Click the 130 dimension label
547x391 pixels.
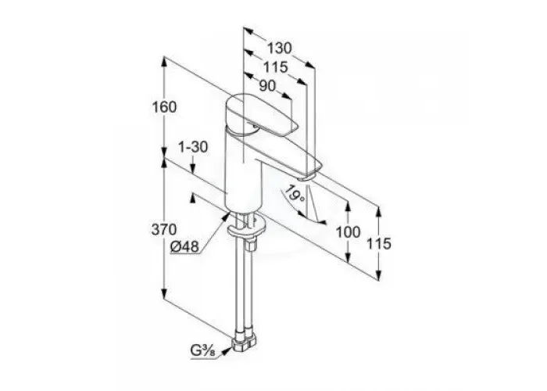pos(279,48)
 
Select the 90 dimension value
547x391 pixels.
pos(267,85)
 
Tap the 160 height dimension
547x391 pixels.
pos(164,107)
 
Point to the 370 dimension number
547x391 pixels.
pos(164,230)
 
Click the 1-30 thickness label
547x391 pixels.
pos(193,147)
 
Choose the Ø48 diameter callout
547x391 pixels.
pos(184,247)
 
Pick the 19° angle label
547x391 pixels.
pos(295,195)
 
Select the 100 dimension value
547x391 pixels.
pos(348,231)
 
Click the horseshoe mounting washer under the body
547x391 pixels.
pos(247,228)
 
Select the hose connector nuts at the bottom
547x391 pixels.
pos(244,340)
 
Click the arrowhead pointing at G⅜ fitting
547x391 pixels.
pos(227,351)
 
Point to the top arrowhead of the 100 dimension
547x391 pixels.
pos(348,206)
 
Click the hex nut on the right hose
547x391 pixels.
pos(251,245)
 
